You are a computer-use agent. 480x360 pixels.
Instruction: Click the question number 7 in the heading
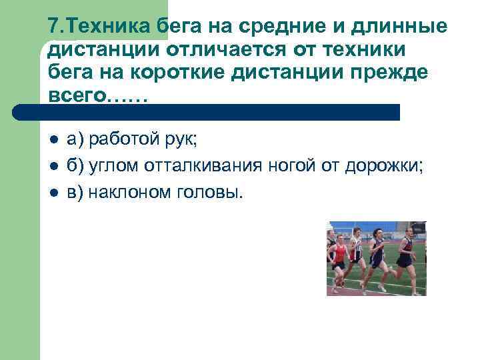(54, 27)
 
